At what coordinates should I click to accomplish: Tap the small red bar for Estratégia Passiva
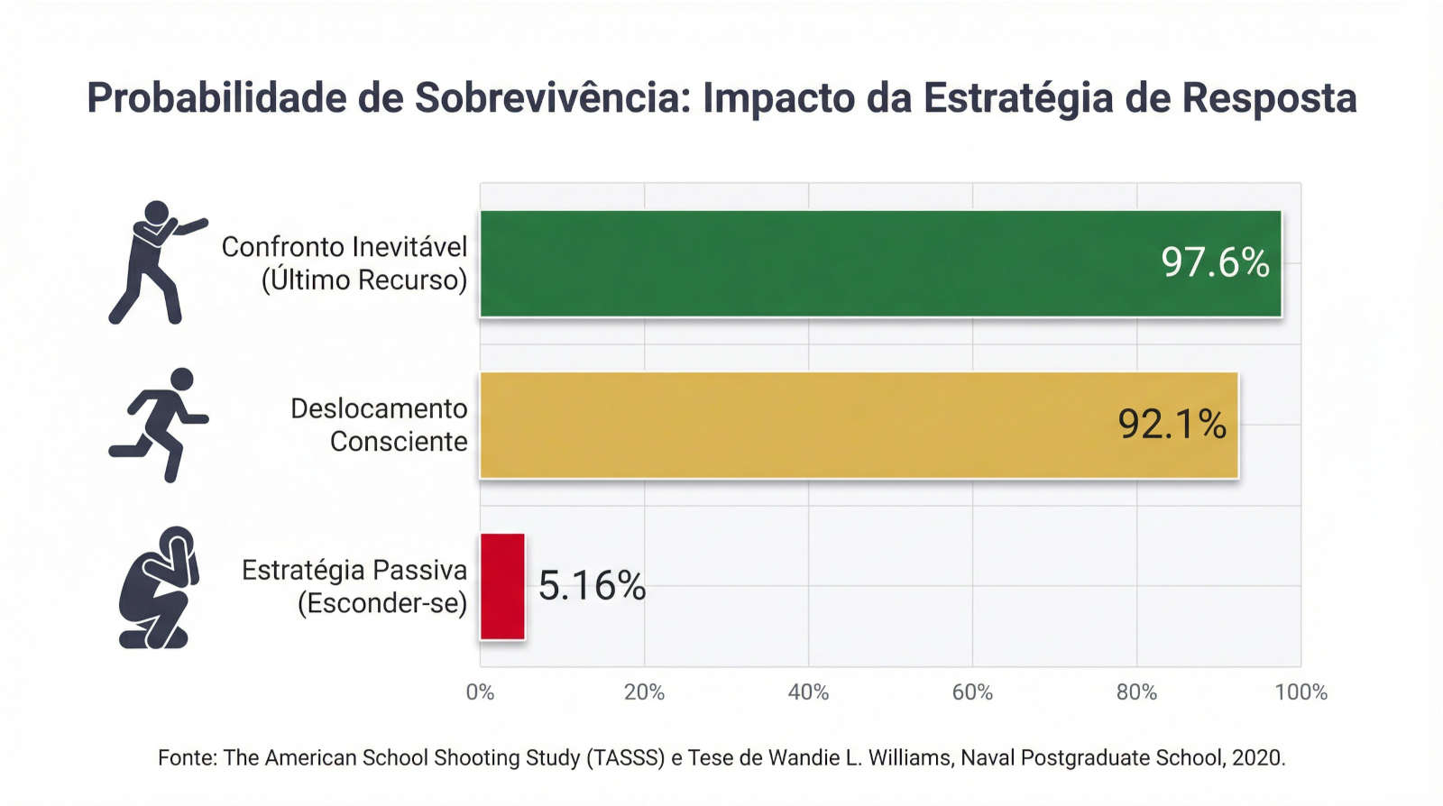(x=502, y=586)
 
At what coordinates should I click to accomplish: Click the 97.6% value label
(x=1215, y=262)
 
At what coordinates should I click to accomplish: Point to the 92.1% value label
(x=1172, y=424)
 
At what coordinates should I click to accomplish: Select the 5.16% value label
(x=592, y=586)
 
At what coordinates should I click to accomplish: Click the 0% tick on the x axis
(x=480, y=692)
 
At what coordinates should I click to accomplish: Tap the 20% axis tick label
(x=644, y=692)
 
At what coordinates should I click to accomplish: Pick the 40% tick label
(x=808, y=692)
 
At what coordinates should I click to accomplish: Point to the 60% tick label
(x=972, y=692)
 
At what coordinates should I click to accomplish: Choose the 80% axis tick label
(x=1136, y=692)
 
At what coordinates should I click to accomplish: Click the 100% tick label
(x=1301, y=692)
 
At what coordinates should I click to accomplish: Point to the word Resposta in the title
(x=1269, y=98)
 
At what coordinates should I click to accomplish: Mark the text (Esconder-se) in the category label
(x=382, y=603)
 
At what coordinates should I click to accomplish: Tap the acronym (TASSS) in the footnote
(x=625, y=757)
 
